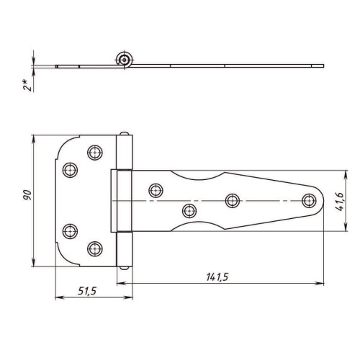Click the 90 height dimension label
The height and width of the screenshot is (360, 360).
[x=27, y=195]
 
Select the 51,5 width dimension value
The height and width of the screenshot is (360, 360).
[x=87, y=291]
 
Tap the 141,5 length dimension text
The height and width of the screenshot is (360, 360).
[x=217, y=277]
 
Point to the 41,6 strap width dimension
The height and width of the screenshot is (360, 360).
[x=340, y=202]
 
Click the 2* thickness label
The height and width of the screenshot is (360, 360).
[x=27, y=85]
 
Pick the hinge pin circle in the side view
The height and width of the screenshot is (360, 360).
[x=124, y=60]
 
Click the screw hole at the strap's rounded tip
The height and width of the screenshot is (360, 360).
[x=309, y=201]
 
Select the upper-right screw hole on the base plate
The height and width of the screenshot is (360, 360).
[x=95, y=153]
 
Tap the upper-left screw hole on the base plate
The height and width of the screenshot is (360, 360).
[x=70, y=170]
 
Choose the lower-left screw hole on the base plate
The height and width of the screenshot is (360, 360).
[x=70, y=231]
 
